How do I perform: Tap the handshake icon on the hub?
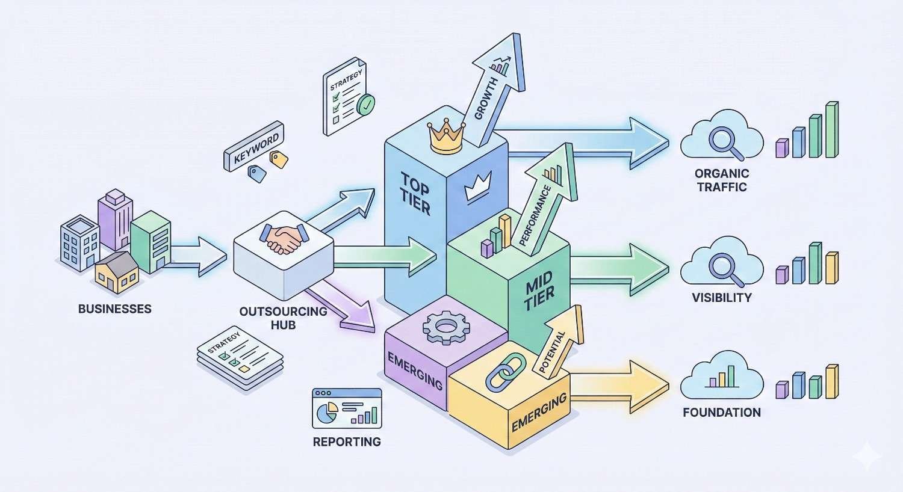(x=283, y=239)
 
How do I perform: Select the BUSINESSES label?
(x=114, y=309)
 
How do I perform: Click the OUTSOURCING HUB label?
(x=283, y=318)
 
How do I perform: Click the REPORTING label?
(x=347, y=441)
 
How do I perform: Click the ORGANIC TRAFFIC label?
(x=721, y=180)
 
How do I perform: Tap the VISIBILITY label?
(x=721, y=297)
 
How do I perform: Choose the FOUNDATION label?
(x=721, y=413)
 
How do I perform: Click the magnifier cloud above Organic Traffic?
(x=721, y=140)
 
